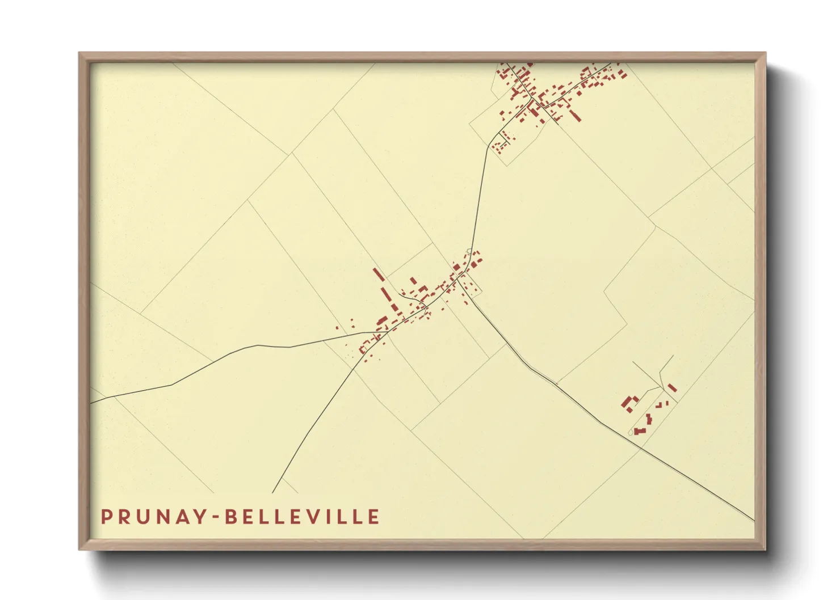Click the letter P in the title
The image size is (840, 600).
[x=106, y=517]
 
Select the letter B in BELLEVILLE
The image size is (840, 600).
[x=230, y=517]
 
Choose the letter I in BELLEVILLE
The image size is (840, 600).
[x=333, y=517]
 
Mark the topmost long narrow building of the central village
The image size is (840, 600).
[x=379, y=274]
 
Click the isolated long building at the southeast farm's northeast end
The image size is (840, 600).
[x=672, y=388]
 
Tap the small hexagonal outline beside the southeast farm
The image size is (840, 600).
[x=631, y=433]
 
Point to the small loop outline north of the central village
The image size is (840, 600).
[x=468, y=251]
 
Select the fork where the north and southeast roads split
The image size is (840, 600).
[x=469, y=294]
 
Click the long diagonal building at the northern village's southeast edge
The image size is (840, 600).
[x=574, y=115]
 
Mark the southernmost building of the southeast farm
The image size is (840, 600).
[x=640, y=432]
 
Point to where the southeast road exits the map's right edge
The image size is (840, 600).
[x=754, y=520]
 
